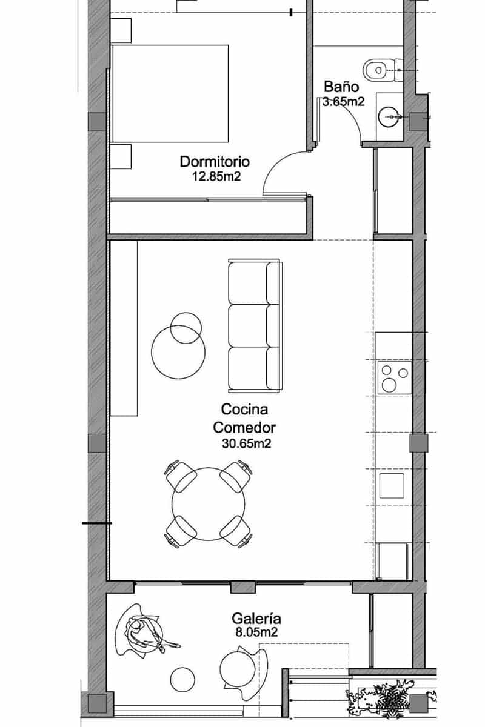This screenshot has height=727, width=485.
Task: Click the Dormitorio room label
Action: point(215,162)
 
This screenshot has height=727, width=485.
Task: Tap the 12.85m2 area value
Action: point(215,177)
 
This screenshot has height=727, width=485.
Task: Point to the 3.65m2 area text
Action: point(343,102)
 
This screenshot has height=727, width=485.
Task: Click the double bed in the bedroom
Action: point(170,93)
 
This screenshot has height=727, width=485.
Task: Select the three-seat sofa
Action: point(254,325)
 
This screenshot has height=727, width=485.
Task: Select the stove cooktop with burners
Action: point(394,377)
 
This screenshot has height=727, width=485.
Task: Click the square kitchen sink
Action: point(392,486)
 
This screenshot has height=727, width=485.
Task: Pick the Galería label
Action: point(256,619)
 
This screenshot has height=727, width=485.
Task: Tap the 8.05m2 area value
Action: point(256,634)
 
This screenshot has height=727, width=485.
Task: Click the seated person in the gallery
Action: point(145,633)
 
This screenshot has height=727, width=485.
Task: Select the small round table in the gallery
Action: point(181,679)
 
